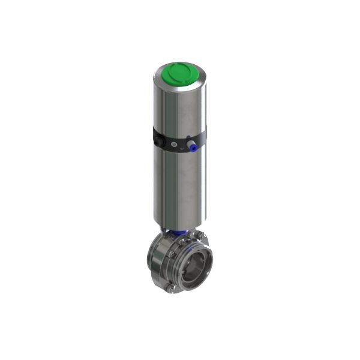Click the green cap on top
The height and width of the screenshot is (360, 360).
coord(179,75)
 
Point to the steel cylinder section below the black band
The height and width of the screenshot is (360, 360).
coord(179,186)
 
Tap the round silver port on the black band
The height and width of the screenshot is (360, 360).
coord(174,145)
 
